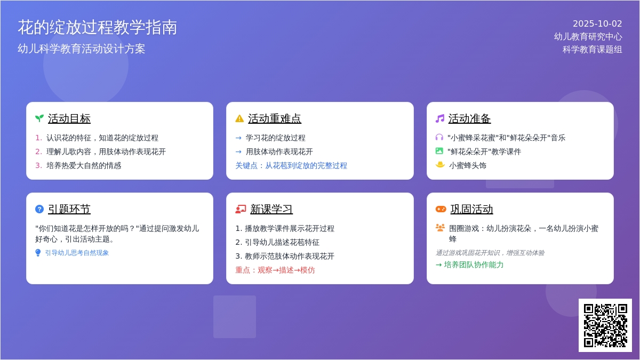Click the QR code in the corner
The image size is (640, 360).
coord(605,325)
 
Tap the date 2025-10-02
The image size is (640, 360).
coord(597,23)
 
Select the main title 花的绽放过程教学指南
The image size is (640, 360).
coord(98,28)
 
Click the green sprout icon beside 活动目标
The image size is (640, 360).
coord(39,118)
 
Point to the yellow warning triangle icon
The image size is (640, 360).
coord(239,118)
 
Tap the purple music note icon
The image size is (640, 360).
coord(439,118)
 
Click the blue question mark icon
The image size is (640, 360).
coord(39,209)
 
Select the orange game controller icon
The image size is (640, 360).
coord(441,209)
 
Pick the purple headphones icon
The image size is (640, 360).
coord(439,138)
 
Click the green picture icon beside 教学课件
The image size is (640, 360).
coord(439,151)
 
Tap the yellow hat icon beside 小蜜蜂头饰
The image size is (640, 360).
coord(440,165)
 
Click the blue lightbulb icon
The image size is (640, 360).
coord(38,253)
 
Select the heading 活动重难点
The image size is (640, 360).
coord(275,118)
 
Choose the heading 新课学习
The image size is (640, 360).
coord(271,209)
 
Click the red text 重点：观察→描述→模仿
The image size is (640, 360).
coord(275,270)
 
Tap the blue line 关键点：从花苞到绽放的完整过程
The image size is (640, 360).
coord(291,165)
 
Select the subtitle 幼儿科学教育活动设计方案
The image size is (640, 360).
coord(82,49)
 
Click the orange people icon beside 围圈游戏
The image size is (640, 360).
coord(440,228)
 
